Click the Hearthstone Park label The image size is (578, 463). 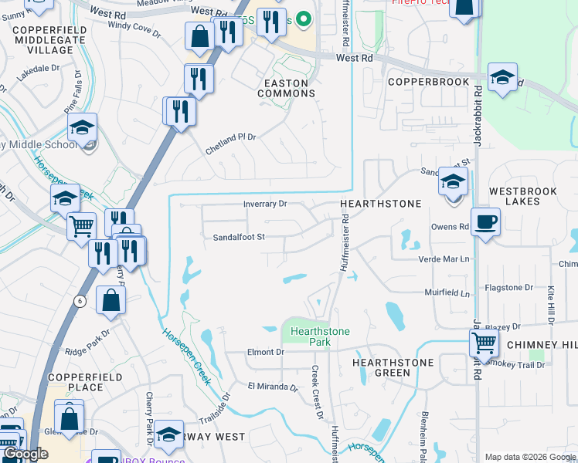tap(320, 336)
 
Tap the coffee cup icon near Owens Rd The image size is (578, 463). tap(484, 222)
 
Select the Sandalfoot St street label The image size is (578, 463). tap(240, 237)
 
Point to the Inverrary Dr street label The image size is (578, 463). tap(265, 204)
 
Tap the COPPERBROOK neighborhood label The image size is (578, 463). tap(428, 82)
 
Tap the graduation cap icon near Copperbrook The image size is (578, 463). tap(503, 77)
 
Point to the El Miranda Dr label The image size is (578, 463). tap(273, 387)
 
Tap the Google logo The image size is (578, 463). tap(25, 454)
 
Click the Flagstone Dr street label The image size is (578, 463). tap(508, 287)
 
